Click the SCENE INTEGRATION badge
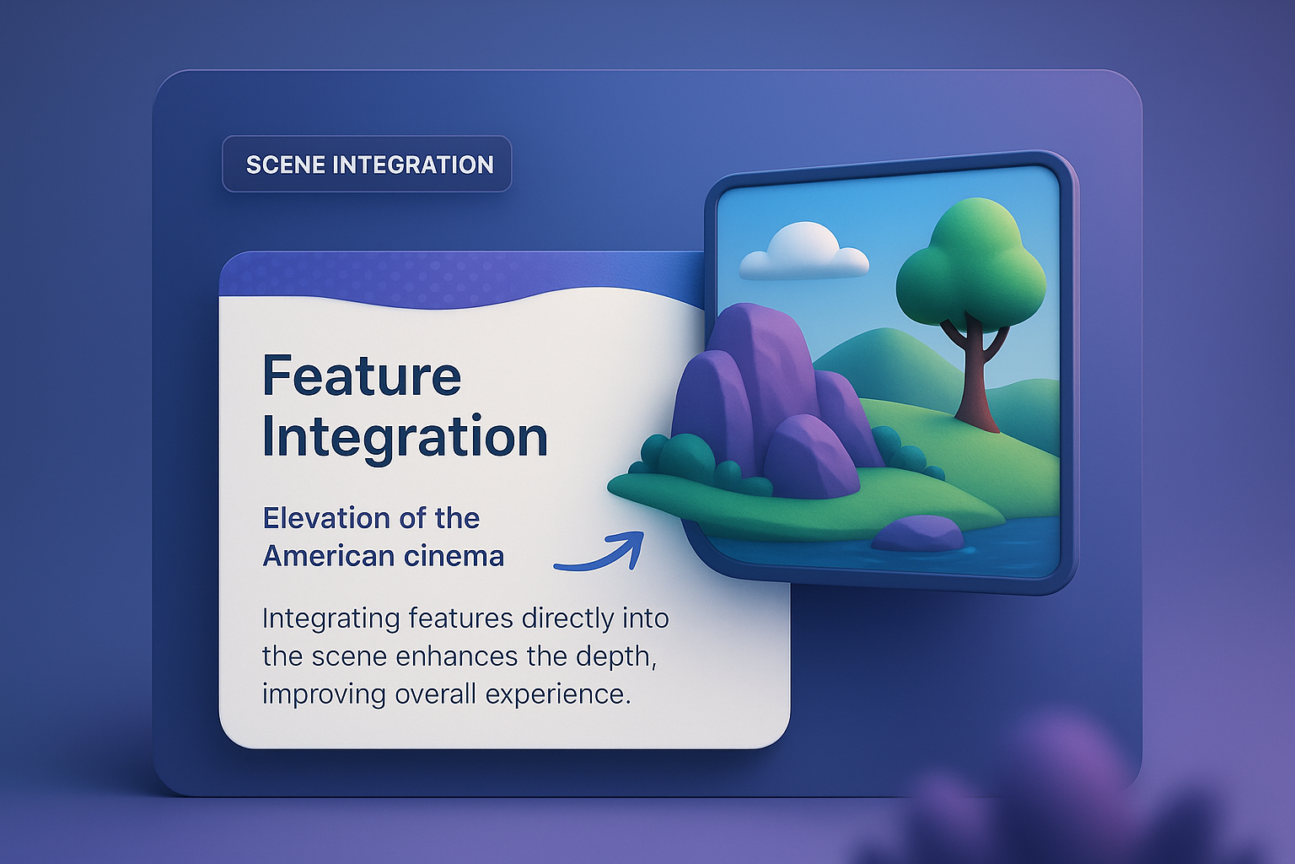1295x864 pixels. pos(368,164)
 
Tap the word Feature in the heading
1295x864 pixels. pos(362,375)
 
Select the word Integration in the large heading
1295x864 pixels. pos(405,437)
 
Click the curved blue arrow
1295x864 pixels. pos(600,553)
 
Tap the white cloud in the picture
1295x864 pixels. pos(803,251)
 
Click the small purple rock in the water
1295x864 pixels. pos(918,533)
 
